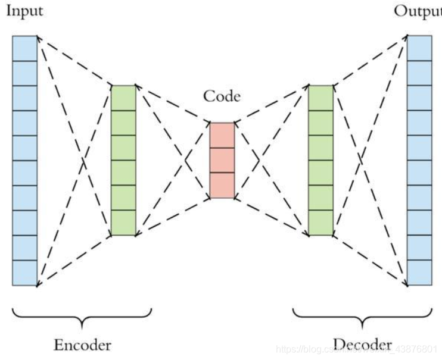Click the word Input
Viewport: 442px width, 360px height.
(x=24, y=11)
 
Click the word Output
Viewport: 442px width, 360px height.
(x=417, y=11)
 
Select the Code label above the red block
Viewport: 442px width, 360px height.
(x=222, y=96)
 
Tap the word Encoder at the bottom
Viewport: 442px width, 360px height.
(x=82, y=345)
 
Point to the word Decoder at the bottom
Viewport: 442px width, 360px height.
(x=362, y=345)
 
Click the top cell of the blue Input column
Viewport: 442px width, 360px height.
(x=24, y=48)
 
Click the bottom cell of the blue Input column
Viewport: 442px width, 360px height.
(x=24, y=273)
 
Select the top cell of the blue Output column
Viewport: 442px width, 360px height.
(x=419, y=48)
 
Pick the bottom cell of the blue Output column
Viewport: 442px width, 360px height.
(x=419, y=273)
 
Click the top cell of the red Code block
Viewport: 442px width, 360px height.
(x=222, y=135)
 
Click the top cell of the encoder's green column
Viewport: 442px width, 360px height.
(x=124, y=98)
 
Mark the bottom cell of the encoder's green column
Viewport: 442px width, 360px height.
(x=124, y=223)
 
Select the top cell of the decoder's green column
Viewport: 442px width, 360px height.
(x=320, y=98)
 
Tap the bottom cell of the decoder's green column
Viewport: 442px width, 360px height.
(x=320, y=223)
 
